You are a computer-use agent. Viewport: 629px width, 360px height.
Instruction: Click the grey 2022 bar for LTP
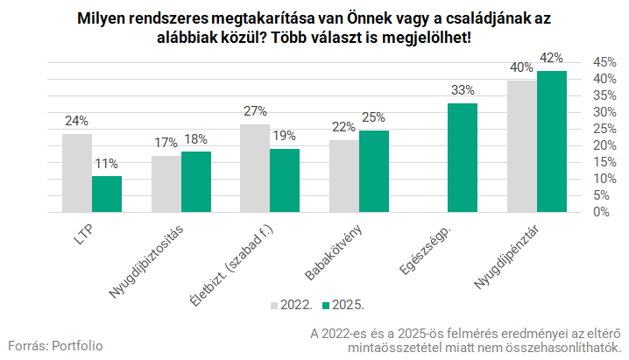[76, 173]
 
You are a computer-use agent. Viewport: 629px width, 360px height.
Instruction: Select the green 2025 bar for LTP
[106, 194]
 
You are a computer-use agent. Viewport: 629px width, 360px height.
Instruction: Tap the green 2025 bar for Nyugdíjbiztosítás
[195, 182]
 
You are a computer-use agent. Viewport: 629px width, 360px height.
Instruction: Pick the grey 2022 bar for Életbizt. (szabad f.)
[255, 168]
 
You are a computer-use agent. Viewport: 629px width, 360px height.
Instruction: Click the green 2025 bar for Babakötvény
[374, 171]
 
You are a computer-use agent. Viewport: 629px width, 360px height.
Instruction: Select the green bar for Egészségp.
[463, 158]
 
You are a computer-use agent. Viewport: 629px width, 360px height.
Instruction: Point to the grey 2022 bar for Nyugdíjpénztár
[522, 146]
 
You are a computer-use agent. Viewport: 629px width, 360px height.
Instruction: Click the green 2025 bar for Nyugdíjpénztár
[552, 142]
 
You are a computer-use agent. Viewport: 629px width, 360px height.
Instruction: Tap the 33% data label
[463, 90]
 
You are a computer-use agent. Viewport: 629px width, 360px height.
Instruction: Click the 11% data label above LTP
[107, 164]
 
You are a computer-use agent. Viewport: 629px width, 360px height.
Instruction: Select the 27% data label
[255, 111]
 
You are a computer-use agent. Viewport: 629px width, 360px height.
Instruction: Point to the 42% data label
[552, 58]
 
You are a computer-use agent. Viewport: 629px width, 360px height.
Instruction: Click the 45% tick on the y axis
[605, 62]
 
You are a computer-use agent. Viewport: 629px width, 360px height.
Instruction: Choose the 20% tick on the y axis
[605, 145]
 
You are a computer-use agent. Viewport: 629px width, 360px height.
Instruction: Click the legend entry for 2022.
[290, 305]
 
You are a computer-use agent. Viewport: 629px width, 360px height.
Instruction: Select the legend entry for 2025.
[343, 305]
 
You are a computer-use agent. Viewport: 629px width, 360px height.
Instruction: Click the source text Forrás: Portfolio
[55, 345]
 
